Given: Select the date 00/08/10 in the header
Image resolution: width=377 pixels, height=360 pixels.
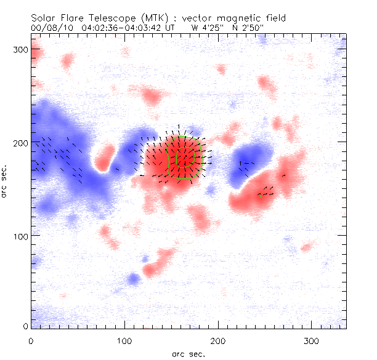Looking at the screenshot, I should [51, 28].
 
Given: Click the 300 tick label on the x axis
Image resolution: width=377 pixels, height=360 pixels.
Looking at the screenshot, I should [312, 340].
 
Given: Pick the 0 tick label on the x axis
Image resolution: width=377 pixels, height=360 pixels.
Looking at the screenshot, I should [31, 340].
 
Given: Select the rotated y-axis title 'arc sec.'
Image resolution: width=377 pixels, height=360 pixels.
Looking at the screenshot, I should [7, 181].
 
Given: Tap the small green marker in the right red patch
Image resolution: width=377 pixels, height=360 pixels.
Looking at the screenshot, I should [261, 196].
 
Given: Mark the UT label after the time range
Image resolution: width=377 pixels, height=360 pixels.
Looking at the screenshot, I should [171, 28].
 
